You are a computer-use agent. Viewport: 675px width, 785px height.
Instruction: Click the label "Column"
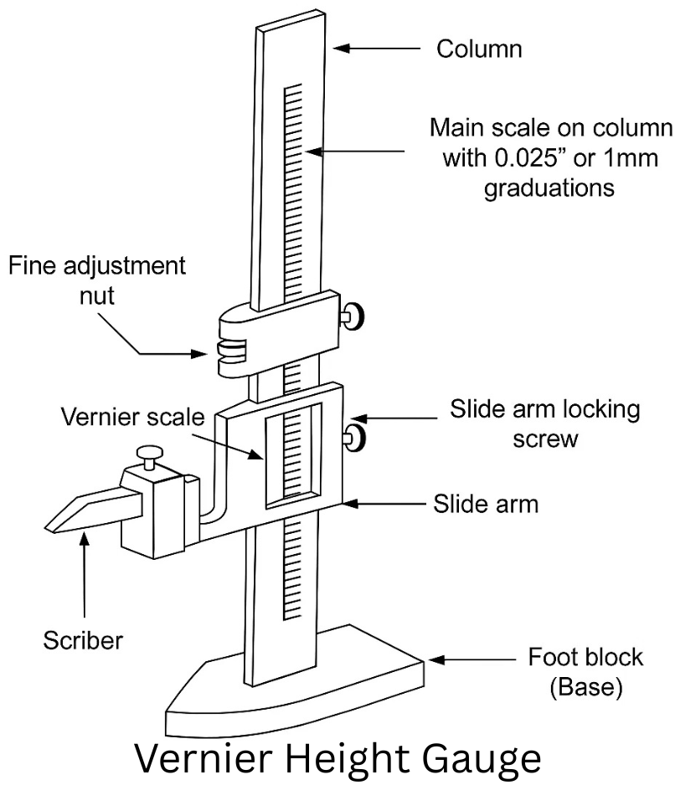pyautogui.click(x=479, y=49)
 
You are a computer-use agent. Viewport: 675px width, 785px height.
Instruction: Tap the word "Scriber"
pyautogui.click(x=83, y=642)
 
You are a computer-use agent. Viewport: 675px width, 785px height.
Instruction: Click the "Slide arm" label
pyautogui.click(x=485, y=505)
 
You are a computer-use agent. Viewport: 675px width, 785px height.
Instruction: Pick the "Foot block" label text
pyautogui.click(x=573, y=656)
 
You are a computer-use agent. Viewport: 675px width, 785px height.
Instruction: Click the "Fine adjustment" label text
pyautogui.click(x=96, y=268)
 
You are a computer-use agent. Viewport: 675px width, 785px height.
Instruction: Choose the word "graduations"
pyautogui.click(x=549, y=188)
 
